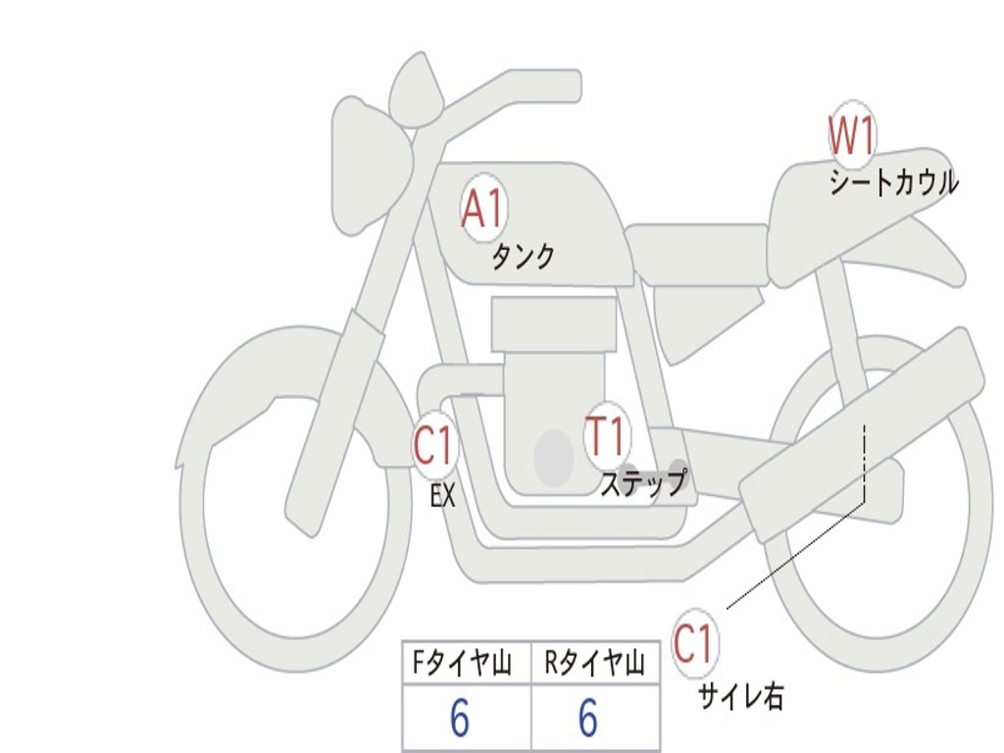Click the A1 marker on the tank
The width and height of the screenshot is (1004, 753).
[481, 209]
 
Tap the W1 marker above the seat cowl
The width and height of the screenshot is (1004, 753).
[851, 136]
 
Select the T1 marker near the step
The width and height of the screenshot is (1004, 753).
[606, 436]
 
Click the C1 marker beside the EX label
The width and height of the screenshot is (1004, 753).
[434, 446]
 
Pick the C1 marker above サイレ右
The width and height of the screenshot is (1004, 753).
[694, 644]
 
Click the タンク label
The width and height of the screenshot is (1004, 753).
[523, 257]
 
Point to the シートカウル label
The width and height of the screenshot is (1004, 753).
[893, 182]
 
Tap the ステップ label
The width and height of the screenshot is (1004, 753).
[642, 483]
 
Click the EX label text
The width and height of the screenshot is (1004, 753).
[443, 496]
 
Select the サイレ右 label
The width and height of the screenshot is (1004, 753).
[740, 696]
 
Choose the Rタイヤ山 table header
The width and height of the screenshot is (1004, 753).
[595, 665]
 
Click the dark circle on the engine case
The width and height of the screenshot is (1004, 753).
[554, 457]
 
